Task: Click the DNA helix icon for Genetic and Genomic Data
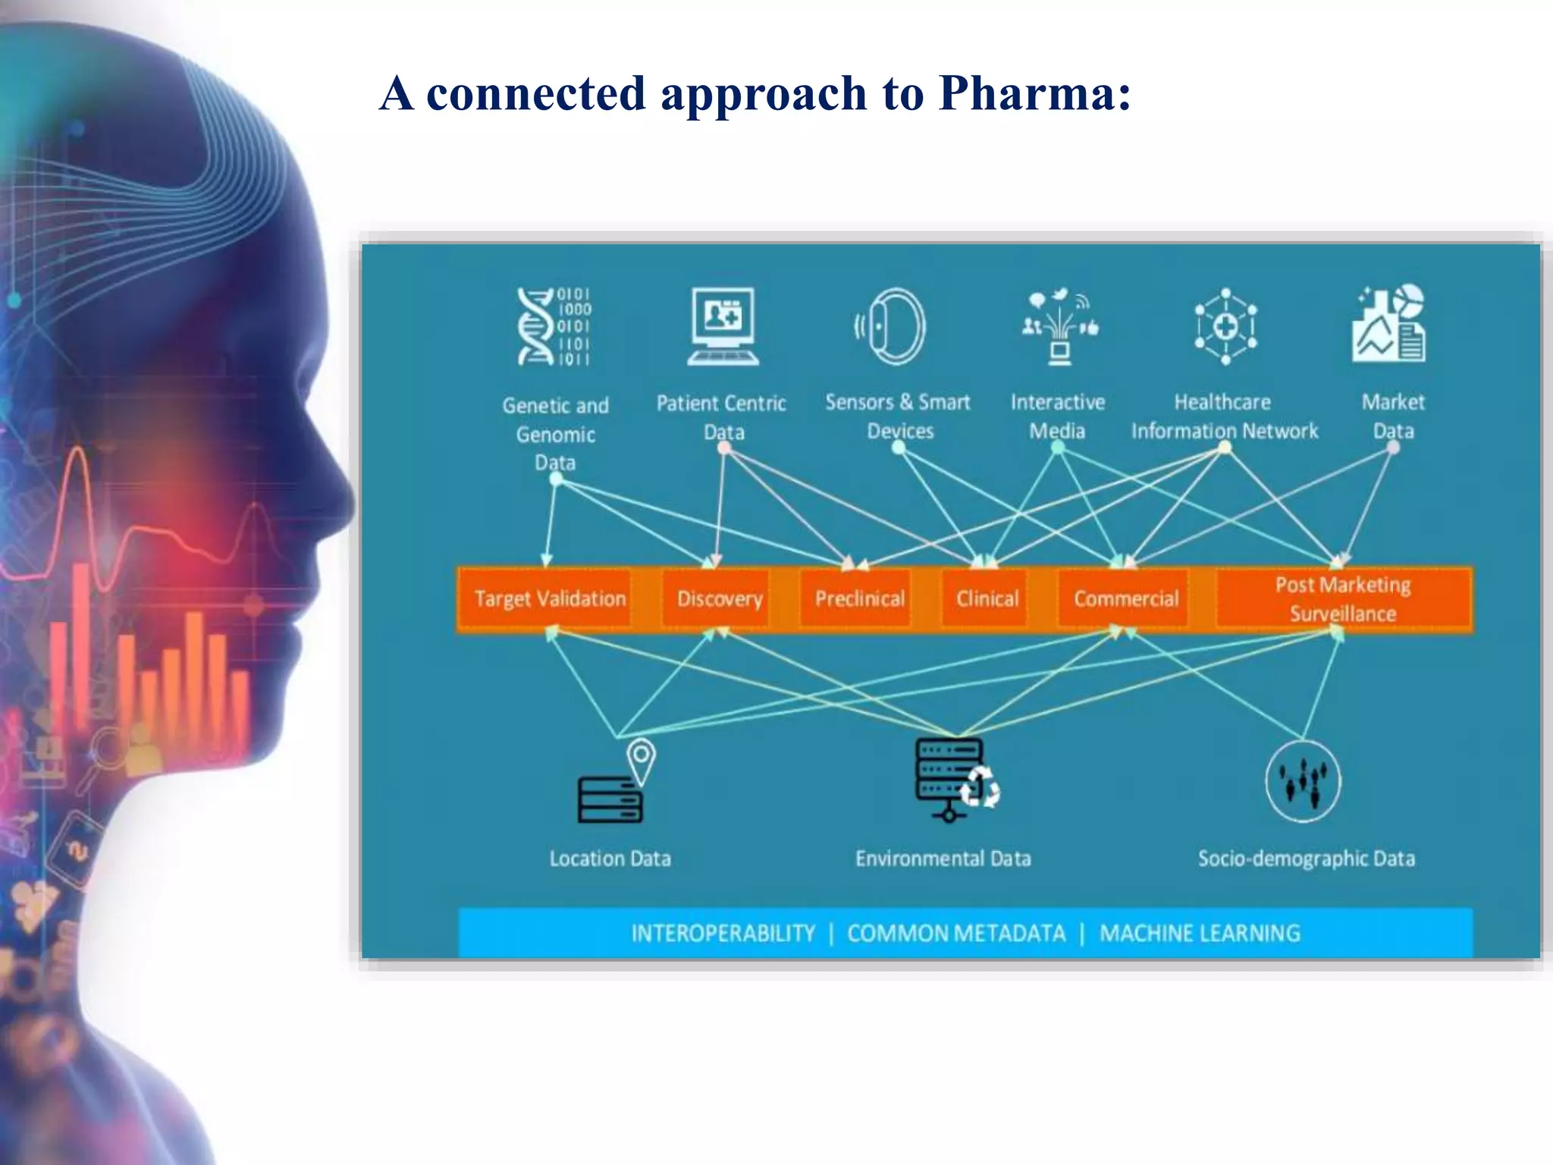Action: [x=553, y=327]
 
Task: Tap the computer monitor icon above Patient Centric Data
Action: [x=723, y=326]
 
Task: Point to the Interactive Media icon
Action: [x=1059, y=326]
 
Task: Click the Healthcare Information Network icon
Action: [x=1225, y=326]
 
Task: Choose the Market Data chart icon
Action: [x=1389, y=325]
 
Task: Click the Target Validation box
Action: [x=550, y=599]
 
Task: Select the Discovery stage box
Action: [x=719, y=599]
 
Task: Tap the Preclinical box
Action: [x=859, y=599]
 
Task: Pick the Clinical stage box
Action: [x=987, y=599]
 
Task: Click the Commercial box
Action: [x=1125, y=599]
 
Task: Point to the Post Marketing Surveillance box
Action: [x=1343, y=599]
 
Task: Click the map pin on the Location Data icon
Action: [x=642, y=758]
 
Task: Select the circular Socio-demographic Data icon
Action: [x=1303, y=781]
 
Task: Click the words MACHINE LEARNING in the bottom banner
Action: [x=1200, y=933]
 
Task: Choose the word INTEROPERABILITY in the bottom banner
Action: [x=723, y=933]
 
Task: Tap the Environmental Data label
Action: [x=943, y=859]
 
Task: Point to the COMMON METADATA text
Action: [x=956, y=933]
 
